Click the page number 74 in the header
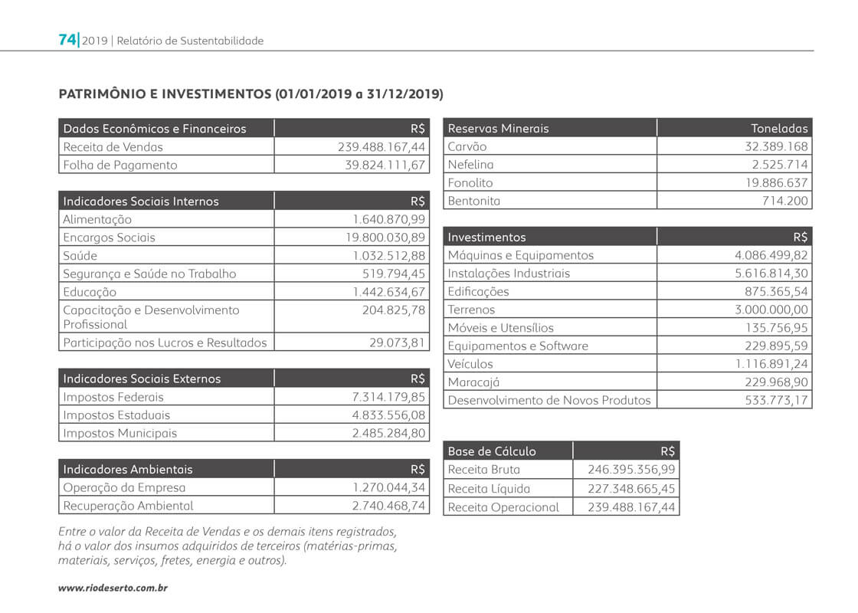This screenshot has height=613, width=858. [x=67, y=40]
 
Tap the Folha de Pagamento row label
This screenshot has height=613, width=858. [x=120, y=165]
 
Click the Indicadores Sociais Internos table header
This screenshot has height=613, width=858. [x=141, y=202]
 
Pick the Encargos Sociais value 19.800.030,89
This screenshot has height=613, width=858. [x=385, y=238]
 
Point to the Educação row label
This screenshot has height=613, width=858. [x=90, y=292]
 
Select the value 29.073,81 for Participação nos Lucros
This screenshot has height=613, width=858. [x=397, y=343]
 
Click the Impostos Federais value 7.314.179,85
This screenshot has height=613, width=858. [x=388, y=397]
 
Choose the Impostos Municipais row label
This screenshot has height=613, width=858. [x=120, y=433]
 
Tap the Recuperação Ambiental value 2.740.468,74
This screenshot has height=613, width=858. [x=388, y=506]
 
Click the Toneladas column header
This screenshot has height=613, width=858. [x=779, y=129]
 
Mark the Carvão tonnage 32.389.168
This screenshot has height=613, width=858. [x=776, y=146]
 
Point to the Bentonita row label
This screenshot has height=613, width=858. [x=474, y=201]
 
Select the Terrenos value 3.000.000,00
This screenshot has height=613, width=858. [x=771, y=310]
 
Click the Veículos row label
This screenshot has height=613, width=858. [x=470, y=364]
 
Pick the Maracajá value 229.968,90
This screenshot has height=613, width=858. [x=777, y=382]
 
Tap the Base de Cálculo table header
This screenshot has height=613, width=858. [x=492, y=451]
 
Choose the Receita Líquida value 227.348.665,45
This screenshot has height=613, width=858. [x=631, y=489]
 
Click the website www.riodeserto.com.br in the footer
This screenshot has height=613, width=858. [x=113, y=588]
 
